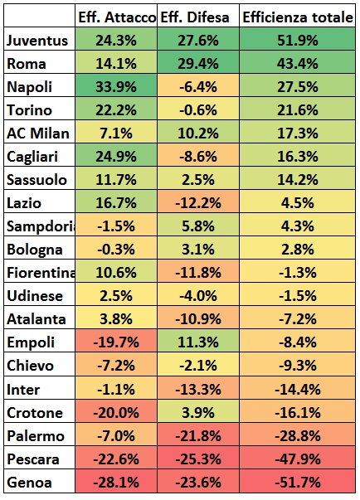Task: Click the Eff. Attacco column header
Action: pyautogui.click(x=116, y=17)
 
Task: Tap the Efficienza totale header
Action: pyautogui.click(x=298, y=17)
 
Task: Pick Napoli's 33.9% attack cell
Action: pyautogui.click(x=116, y=86)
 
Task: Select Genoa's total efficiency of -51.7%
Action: pyautogui.click(x=298, y=481)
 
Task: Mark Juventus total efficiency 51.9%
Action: pyautogui.click(x=298, y=40)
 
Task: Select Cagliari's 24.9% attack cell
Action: pyautogui.click(x=116, y=156)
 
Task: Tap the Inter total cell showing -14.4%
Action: pyautogui.click(x=298, y=388)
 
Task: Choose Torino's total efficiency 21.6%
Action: pyautogui.click(x=298, y=109)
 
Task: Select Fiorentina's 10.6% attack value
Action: pyautogui.click(x=116, y=272)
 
